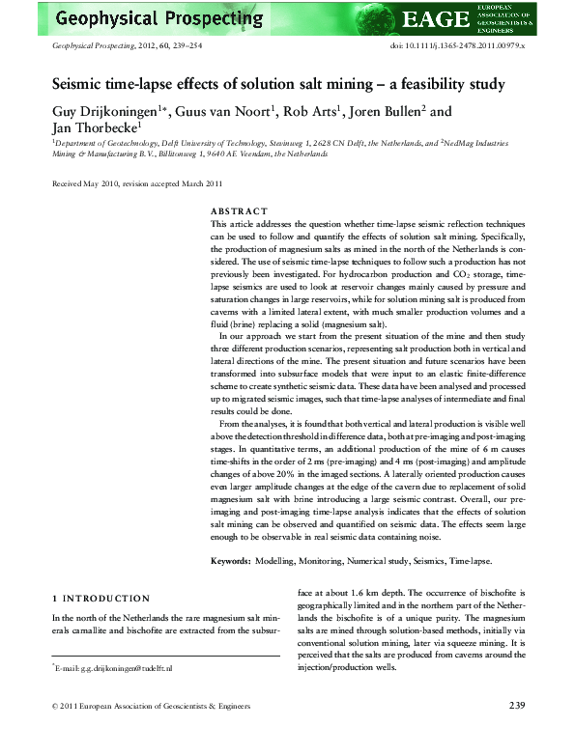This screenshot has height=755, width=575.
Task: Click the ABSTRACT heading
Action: pyautogui.click(x=237, y=211)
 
